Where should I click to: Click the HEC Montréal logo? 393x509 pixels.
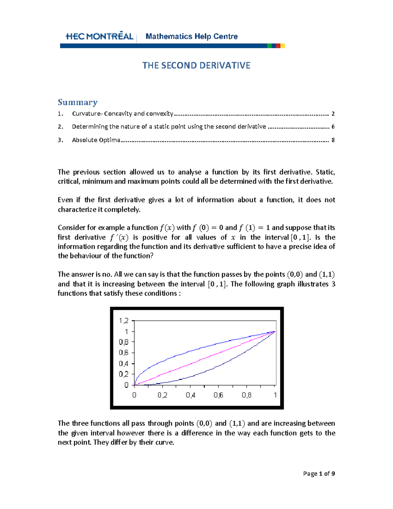click(99, 36)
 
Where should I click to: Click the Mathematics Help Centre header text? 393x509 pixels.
click(192, 36)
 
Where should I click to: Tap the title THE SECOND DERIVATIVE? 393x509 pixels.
click(196, 66)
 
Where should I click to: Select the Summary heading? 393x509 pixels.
click(78, 102)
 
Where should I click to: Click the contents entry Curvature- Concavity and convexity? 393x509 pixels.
click(122, 114)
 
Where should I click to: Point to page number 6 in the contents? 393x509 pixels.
click(333, 127)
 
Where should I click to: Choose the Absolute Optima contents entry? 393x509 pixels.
click(96, 140)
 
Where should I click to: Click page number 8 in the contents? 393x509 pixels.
click(333, 140)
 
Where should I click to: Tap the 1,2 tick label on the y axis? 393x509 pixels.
click(123, 321)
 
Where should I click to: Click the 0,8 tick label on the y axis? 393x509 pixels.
click(123, 342)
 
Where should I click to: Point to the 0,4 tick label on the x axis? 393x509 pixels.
click(190, 395)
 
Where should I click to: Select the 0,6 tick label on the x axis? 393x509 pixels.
click(218, 395)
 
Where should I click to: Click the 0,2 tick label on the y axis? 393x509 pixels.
click(123, 374)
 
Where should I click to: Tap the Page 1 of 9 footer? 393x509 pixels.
click(319, 474)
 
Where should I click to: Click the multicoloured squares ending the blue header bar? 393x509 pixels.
click(276, 46)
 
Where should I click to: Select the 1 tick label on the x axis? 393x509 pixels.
click(275, 395)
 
